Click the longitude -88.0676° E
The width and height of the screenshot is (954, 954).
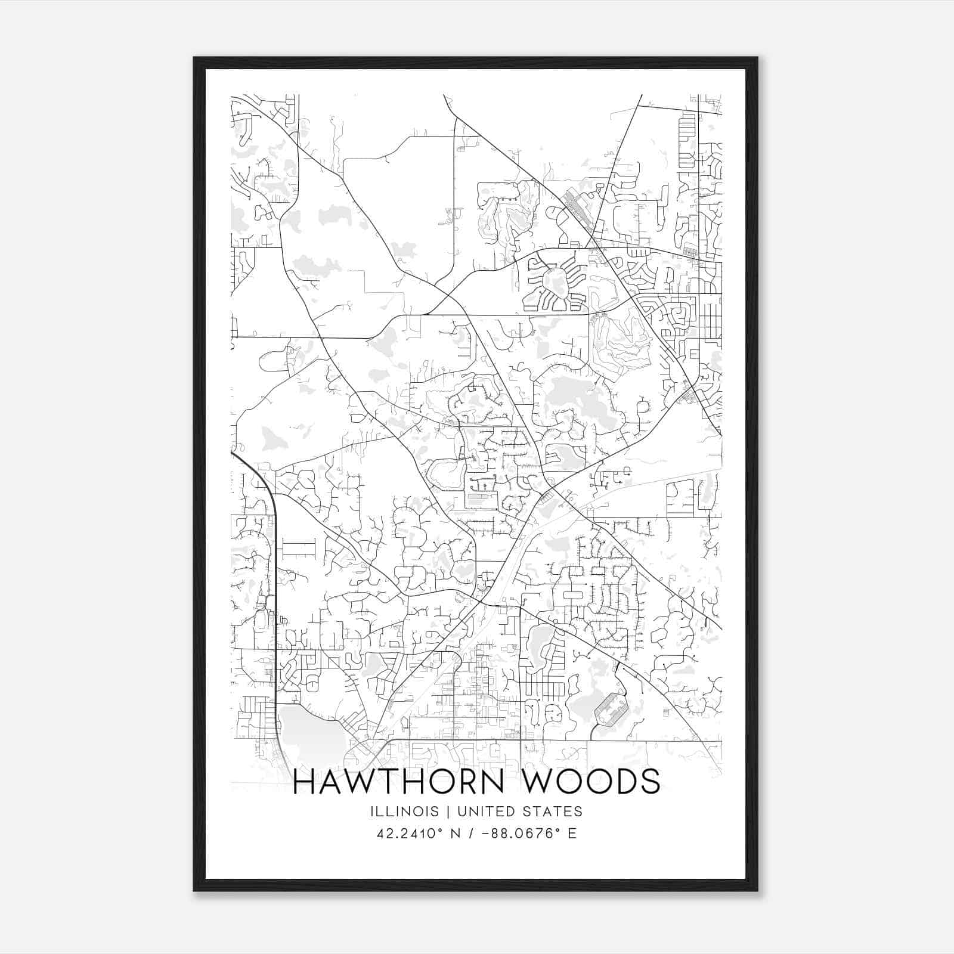click(x=527, y=834)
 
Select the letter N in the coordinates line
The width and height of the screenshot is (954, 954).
click(x=457, y=834)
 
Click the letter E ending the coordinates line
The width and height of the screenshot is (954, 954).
click(x=572, y=834)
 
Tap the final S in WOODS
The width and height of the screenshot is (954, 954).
click(x=649, y=782)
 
